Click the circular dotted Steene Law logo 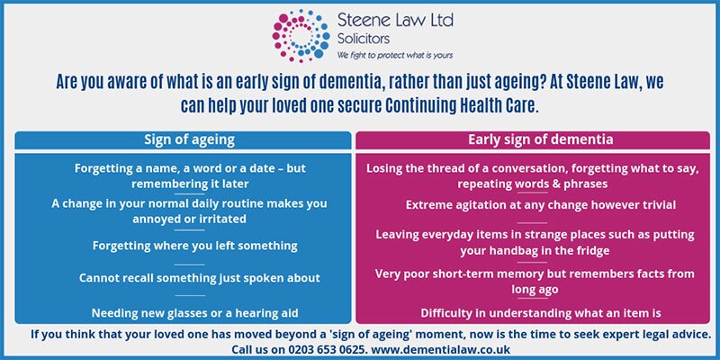(301, 35)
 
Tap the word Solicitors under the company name (364, 39)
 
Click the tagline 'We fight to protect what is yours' (395, 56)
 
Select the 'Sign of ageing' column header (190, 139)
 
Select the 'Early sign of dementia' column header (541, 139)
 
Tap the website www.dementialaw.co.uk (440, 349)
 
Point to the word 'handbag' (508, 251)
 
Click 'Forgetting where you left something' (194, 246)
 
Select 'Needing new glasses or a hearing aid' (194, 313)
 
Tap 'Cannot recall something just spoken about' (199, 278)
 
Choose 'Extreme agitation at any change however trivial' (541, 205)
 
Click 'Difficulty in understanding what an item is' (541, 313)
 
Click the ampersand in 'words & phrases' (555, 184)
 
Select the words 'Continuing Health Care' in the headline (460, 106)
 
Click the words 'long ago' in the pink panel (535, 289)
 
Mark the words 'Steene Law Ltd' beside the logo (395, 21)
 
